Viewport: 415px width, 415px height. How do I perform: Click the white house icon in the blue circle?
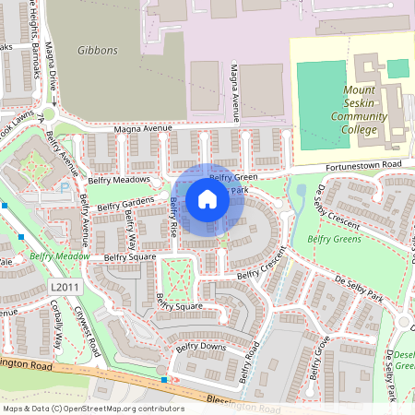[x=207, y=199]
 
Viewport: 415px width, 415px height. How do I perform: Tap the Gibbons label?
[x=97, y=51]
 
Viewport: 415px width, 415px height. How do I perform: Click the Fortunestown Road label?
[x=365, y=165]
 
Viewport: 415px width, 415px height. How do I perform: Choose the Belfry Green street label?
[x=233, y=177]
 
